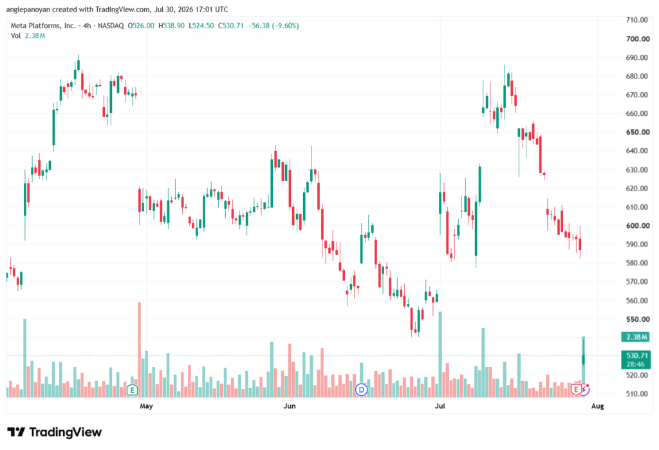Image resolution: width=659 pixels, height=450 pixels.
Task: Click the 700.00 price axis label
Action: (x=638, y=39)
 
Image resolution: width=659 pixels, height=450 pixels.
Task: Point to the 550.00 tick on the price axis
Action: (x=638, y=319)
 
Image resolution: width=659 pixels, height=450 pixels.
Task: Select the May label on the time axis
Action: (x=146, y=406)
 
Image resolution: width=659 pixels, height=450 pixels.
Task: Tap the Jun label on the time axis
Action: (x=289, y=406)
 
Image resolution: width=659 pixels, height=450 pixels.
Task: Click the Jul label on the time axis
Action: (x=440, y=406)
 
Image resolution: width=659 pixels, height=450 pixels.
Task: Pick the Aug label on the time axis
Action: (x=597, y=406)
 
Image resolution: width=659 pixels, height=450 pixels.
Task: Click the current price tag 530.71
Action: (x=636, y=356)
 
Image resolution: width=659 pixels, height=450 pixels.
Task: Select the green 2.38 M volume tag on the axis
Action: (x=636, y=337)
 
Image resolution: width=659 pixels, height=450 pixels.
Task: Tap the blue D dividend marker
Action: (x=362, y=389)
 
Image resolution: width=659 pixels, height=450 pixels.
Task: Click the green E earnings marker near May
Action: (x=132, y=390)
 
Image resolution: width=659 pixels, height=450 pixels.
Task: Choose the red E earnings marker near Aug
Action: (x=576, y=390)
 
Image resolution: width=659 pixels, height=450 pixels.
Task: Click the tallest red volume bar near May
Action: (x=140, y=350)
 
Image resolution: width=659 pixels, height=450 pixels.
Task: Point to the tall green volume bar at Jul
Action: (x=440, y=355)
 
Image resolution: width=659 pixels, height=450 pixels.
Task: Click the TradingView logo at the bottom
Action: (x=55, y=432)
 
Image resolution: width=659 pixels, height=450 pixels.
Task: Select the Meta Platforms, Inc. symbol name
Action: (x=43, y=26)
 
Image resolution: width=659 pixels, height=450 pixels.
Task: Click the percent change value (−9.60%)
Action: (x=285, y=26)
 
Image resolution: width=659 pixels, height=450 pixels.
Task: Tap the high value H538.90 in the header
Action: (x=171, y=26)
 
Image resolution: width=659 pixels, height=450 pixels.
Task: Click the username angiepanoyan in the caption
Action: (x=29, y=9)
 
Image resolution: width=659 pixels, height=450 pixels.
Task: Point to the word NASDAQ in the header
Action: (x=111, y=26)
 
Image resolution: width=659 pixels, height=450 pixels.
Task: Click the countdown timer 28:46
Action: (x=636, y=364)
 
